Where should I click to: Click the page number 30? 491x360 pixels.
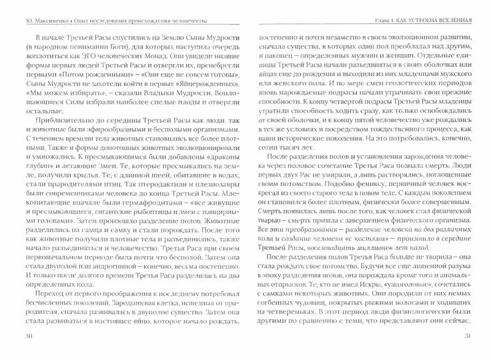[28, 353]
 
